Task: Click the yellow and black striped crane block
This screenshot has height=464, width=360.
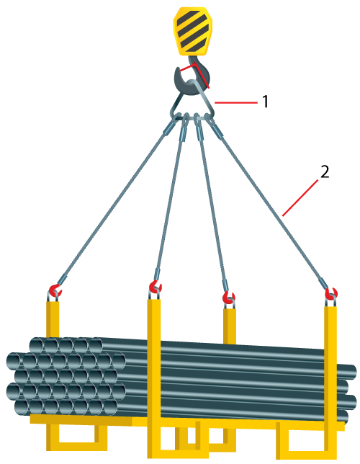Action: coord(192,31)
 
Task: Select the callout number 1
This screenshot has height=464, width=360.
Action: coord(266,102)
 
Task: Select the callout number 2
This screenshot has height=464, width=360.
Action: coord(325,172)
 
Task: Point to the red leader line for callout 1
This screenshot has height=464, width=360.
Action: coord(235,103)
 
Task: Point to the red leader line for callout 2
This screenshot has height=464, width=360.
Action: coord(300,197)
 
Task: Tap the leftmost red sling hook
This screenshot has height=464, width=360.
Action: coord(55,290)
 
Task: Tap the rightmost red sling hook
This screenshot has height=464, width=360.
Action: coord(331,294)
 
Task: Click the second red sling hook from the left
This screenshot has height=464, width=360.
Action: coord(155,287)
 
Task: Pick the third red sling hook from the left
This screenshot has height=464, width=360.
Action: coord(229,298)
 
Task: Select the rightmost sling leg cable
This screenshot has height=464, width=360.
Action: coord(269,204)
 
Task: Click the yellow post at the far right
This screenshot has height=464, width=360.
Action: coord(330,382)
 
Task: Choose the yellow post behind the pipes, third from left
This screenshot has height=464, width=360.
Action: coord(230,326)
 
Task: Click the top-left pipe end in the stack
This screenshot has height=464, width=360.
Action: coord(37,345)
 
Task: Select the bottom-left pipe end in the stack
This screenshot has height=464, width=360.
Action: coord(22,407)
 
